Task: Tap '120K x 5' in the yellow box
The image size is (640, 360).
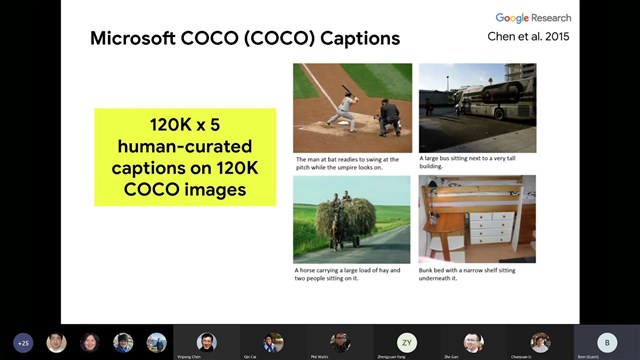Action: click(185, 126)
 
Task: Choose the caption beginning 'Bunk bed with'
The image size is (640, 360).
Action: click(472, 275)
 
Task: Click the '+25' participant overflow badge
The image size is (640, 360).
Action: click(23, 342)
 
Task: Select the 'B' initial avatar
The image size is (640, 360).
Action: click(606, 341)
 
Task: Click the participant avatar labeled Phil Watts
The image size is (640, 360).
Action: click(340, 341)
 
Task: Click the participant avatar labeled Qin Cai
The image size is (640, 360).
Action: click(273, 341)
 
